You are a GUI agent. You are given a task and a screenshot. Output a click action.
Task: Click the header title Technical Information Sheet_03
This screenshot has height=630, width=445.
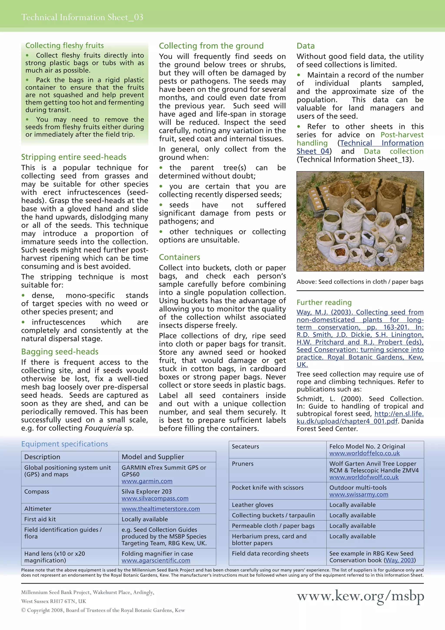pos(82,17)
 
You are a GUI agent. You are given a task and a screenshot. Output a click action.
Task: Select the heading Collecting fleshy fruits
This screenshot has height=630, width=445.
pos(65,45)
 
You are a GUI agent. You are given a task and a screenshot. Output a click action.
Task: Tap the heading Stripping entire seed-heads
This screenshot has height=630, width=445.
pos(74,157)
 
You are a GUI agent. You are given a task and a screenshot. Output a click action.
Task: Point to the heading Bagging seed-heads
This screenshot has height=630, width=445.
pos(60,352)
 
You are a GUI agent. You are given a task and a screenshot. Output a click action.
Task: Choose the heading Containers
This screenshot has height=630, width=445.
pos(179,257)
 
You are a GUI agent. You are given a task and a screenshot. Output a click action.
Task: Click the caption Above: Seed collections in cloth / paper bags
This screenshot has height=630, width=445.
pos(360,282)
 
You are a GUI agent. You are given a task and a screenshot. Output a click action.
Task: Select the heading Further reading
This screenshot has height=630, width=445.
pos(324,302)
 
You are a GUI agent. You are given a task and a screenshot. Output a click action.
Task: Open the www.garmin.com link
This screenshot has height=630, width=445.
pos(147,481)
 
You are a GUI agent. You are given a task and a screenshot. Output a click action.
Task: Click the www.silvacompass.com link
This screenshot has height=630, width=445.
pos(155,498)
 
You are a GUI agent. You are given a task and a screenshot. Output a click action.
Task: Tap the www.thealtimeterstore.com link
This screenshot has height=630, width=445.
pos(161,509)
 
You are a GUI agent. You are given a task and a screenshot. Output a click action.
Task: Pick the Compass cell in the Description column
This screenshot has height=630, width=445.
pos(37,491)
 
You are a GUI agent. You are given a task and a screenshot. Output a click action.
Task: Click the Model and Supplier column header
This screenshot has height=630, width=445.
pos(153,457)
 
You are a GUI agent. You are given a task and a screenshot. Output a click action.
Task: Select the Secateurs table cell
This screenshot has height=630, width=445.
pos(245,446)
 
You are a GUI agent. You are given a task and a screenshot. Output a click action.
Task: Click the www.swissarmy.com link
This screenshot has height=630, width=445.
pos(359,494)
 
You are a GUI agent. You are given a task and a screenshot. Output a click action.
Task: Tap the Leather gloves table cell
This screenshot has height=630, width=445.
pos(252,505)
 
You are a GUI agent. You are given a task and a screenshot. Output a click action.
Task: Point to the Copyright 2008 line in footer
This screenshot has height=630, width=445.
pos(103,610)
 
